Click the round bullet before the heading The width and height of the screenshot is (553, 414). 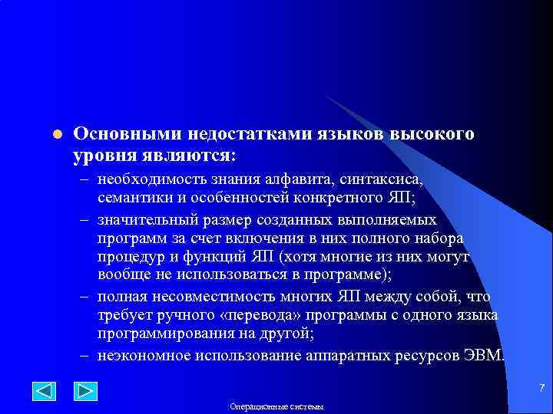[x=56, y=134]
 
